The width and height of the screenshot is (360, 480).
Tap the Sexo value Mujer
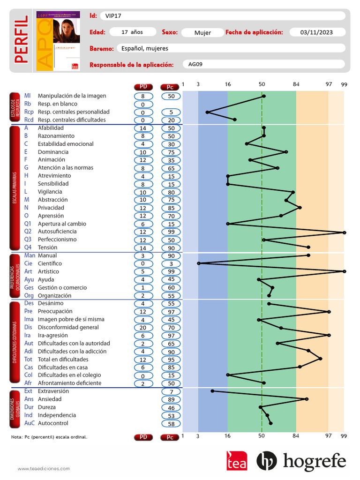pos(202,33)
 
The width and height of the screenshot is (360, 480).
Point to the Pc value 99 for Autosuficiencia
pos(171,232)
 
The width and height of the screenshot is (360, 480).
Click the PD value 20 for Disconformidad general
pos(143,328)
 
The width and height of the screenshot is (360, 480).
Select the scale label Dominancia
pos(53,152)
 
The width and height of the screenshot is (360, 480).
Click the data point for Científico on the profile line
pos(199,263)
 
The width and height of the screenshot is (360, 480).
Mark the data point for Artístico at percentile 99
pos(344,271)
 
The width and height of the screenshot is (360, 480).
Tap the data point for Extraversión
pos(212,391)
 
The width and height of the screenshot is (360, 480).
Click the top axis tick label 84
pos(296,84)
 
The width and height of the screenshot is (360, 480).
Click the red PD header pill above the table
pos(143,87)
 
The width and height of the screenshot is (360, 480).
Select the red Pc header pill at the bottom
pos(170,437)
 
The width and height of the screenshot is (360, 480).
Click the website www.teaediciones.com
pos(44,468)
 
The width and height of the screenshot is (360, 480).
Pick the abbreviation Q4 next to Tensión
pos(28,247)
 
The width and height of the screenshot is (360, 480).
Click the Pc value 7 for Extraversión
pos(171,391)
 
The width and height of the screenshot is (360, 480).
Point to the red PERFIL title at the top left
pos(21,40)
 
